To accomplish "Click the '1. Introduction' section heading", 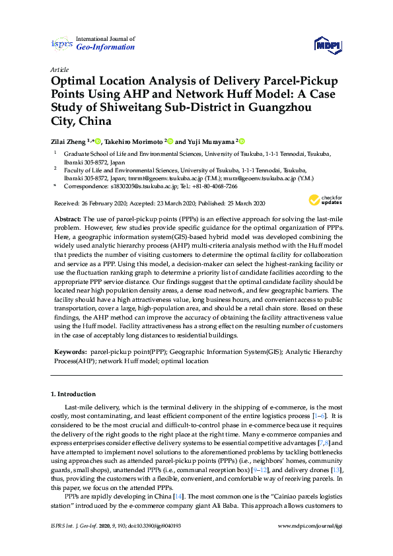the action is pos(76,394).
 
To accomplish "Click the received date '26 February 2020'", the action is pos(104,203).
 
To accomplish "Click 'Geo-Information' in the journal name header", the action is pos(106,48).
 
